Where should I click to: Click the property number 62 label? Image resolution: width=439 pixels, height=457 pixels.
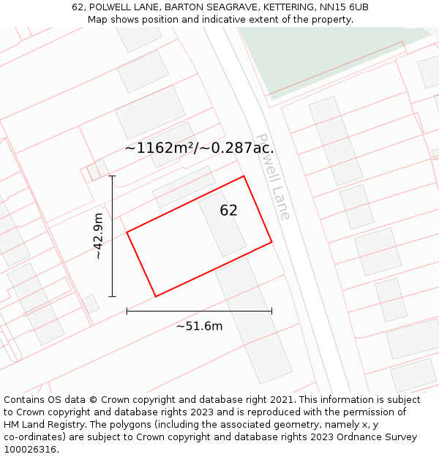pos(228,211)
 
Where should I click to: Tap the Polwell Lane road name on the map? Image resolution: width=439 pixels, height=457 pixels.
pos(273,176)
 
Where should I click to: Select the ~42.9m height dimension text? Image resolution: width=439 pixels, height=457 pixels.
pos(99,236)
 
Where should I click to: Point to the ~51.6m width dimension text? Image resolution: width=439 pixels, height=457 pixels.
pos(199,326)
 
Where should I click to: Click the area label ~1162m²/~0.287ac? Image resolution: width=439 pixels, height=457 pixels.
pos(199,148)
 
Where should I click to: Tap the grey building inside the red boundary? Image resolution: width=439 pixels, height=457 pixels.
pos(222,223)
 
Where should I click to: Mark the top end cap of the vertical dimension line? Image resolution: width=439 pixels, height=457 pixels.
pos(112,176)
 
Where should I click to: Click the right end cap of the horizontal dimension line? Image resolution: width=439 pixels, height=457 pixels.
pos(271,311)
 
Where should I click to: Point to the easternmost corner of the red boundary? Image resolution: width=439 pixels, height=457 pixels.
pos(271,241)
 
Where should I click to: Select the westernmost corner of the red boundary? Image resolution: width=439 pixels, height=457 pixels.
pos(127,233)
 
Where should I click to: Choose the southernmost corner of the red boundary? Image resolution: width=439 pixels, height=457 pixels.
pos(156,296)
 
